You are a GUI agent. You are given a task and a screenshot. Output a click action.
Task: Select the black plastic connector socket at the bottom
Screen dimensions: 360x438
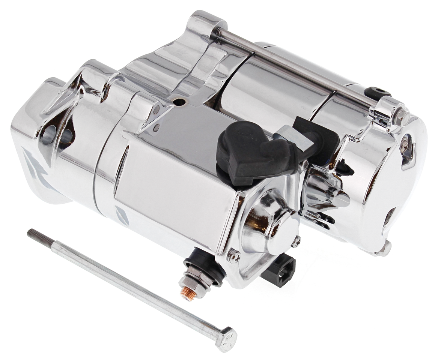pyautogui.click(x=279, y=270)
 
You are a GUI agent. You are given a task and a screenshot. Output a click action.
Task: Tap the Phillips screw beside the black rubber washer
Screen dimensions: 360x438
pyautogui.click(x=233, y=256)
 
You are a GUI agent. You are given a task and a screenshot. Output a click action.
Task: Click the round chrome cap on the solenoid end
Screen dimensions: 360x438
pyautogui.click(x=284, y=227)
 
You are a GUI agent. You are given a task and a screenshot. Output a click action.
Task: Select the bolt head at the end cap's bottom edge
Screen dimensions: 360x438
pyautogui.click(x=384, y=247)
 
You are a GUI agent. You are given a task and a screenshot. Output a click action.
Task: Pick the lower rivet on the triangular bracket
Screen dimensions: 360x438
pyautogui.click(x=156, y=127)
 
